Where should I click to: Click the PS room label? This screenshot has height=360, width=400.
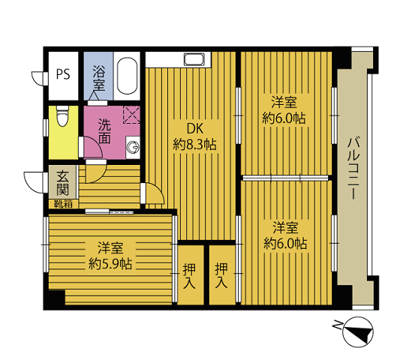pyautogui.click(x=63, y=74)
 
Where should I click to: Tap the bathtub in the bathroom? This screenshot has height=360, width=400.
pyautogui.click(x=127, y=76)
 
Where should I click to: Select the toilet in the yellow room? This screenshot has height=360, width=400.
pyautogui.click(x=63, y=116)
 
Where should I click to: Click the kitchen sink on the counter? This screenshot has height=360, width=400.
pyautogui.click(x=194, y=59)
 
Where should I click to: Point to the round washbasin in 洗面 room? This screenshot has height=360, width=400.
pyautogui.click(x=133, y=148)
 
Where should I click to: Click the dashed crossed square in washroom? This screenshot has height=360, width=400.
pyautogui.click(x=131, y=115)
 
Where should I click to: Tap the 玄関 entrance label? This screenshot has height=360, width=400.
pyautogui.click(x=62, y=182)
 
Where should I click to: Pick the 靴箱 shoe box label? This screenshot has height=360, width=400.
pyautogui.click(x=63, y=204)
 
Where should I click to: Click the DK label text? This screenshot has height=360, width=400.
pyautogui.click(x=195, y=129)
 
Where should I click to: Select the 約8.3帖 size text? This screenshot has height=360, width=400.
pyautogui.click(x=195, y=145)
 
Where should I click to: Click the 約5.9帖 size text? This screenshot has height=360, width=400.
pyautogui.click(x=110, y=264)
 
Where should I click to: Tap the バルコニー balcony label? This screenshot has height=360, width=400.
pyautogui.click(x=353, y=169)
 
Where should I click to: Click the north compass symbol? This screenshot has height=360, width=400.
pyautogui.click(x=358, y=331)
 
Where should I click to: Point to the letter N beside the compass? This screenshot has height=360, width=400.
pyautogui.click(x=337, y=325)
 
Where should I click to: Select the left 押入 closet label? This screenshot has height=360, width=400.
pyautogui.click(x=190, y=276)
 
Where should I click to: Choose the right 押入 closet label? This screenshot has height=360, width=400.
pyautogui.click(x=221, y=276)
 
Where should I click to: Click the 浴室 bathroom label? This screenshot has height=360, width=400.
pyautogui.click(x=99, y=78)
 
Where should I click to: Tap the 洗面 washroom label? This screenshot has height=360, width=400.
pyautogui.click(x=104, y=131)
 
